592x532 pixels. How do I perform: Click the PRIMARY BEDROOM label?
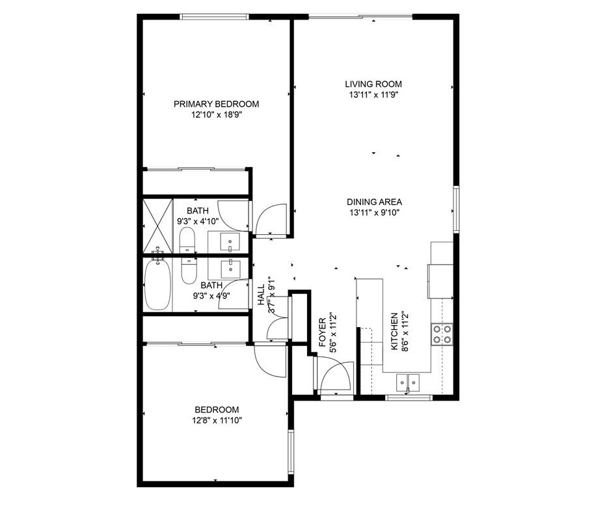pos(217,104)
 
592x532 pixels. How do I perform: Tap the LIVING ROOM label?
pos(373,84)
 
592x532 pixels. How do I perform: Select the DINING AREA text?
pos(374,202)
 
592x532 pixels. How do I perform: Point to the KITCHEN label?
pos(394,331)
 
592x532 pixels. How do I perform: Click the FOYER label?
pos(323,332)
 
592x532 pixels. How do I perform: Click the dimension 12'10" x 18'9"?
pos(217,114)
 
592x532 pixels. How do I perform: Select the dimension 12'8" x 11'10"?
pos(217,420)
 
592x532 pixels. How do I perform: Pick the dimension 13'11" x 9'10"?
pos(374,213)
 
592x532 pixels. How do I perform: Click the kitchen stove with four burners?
pos(442,334)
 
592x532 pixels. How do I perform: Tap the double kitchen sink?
pos(408,383)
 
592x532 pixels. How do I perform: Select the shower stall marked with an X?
pos(158,226)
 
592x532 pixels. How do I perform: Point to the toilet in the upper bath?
pos(187,240)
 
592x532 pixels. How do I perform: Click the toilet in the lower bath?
pos(189,271)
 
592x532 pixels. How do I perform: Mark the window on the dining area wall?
pos(456,209)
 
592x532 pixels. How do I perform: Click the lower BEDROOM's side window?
pos(291,451)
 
